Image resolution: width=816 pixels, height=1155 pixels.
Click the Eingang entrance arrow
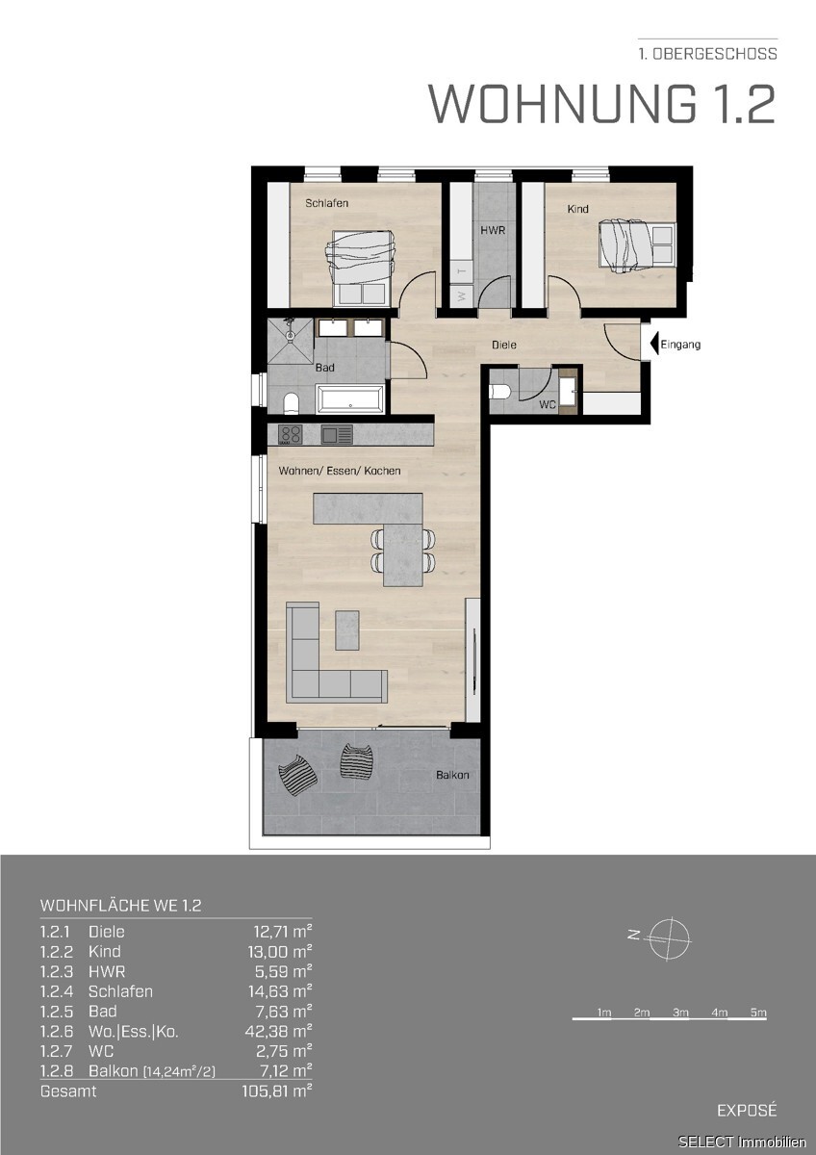click(654, 344)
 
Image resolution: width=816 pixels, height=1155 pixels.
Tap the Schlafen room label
click(327, 203)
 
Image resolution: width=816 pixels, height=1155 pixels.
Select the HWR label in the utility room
click(493, 230)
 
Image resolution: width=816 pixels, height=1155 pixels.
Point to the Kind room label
click(578, 209)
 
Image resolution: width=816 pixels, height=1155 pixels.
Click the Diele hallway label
click(504, 345)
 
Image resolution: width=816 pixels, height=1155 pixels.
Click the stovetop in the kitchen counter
click(291, 434)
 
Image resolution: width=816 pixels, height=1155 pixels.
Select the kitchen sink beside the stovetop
click(337, 434)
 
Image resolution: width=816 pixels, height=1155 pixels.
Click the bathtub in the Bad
click(350, 399)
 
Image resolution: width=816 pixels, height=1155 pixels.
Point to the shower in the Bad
click(291, 341)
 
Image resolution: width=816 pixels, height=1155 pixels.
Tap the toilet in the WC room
click(498, 393)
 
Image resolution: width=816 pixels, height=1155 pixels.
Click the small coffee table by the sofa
click(347, 629)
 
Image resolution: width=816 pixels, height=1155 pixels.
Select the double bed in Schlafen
click(361, 268)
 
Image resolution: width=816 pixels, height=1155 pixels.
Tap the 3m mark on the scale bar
click(680, 1013)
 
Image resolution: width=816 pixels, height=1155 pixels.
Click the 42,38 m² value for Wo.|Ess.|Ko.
click(278, 1031)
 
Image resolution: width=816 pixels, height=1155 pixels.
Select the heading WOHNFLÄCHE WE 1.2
click(120, 906)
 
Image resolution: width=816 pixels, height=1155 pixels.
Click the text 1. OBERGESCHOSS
click(708, 54)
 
